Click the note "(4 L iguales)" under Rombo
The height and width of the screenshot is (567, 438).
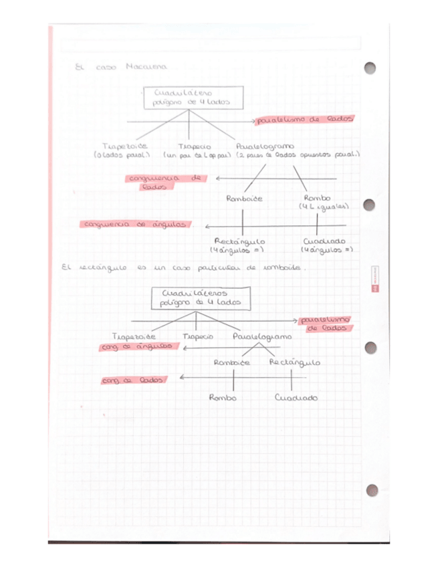(x=324, y=208)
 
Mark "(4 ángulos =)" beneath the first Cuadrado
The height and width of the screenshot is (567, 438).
(x=326, y=251)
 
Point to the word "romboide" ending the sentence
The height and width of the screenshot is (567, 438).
(x=282, y=269)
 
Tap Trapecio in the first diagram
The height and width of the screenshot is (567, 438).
(x=195, y=146)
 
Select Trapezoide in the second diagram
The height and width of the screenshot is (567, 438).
(x=134, y=336)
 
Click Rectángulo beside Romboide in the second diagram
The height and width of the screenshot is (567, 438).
(x=294, y=362)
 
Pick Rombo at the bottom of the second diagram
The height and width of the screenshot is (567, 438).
(x=223, y=398)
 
